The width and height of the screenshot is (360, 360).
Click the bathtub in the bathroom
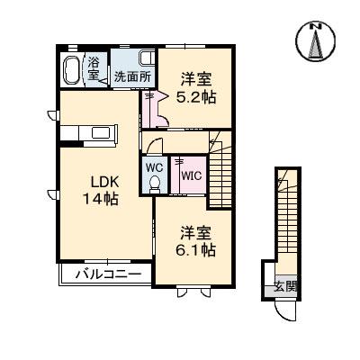point(73,69)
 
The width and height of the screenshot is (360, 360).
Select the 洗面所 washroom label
point(131,76)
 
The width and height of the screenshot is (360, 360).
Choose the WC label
point(153,167)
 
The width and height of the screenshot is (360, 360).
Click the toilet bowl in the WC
point(154,184)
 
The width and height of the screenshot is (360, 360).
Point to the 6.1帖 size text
point(195,247)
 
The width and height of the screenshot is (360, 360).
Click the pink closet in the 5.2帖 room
point(155,111)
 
